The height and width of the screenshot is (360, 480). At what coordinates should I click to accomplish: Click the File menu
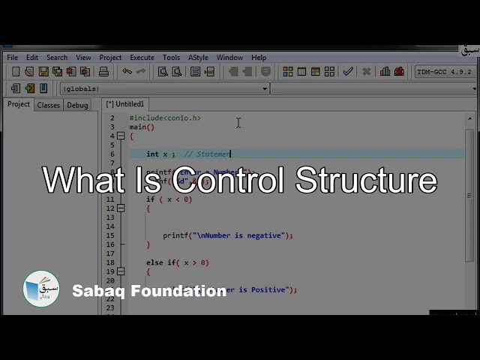pos(12,58)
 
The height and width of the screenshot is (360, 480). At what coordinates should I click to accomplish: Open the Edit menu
pos(32,58)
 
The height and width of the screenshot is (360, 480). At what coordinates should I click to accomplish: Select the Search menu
pos(57,58)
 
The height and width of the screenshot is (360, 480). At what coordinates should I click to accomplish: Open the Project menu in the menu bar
pos(110,58)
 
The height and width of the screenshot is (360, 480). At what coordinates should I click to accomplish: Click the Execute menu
pos(142,58)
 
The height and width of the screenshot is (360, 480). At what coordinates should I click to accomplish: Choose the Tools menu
pos(171,58)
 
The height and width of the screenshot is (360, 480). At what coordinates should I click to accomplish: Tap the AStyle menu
pos(199,58)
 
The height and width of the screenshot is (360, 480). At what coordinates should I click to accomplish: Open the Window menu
pos(229,58)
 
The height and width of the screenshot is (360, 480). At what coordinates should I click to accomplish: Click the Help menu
pos(259,58)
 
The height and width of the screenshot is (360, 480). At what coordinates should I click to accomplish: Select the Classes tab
pos(48,105)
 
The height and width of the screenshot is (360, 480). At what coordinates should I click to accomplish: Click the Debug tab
pos(77,105)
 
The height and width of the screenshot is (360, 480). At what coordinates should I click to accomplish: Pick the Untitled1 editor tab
pos(125,104)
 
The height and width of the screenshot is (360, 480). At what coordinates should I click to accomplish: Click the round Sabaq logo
pos(41,289)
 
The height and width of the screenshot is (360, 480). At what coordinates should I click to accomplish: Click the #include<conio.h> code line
pos(165,118)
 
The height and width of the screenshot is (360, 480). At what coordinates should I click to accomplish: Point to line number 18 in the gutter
pos(110,262)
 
